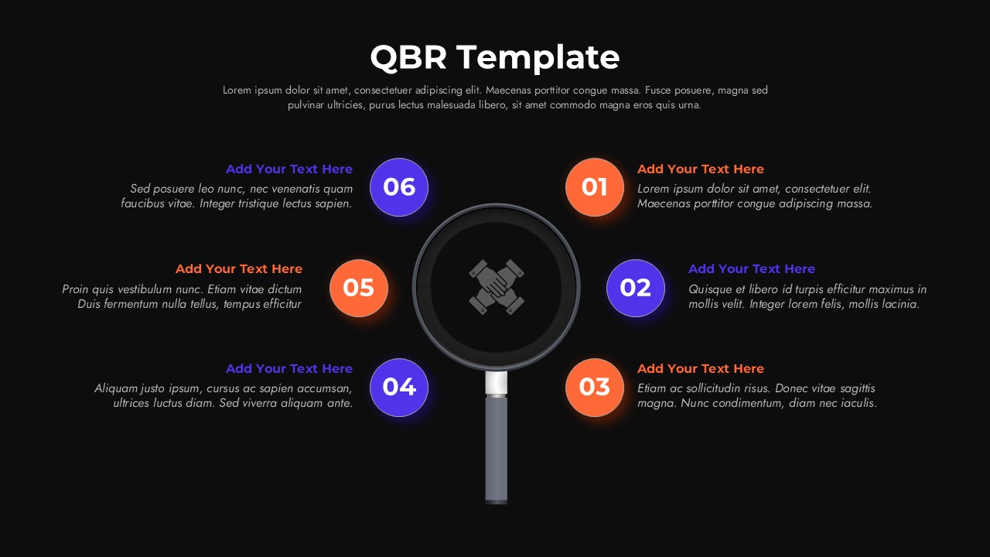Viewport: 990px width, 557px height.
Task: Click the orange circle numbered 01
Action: (x=595, y=187)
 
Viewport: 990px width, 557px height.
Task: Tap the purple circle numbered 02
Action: (x=636, y=288)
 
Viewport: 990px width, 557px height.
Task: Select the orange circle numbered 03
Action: (x=595, y=388)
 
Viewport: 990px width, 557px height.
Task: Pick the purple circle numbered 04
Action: (x=399, y=388)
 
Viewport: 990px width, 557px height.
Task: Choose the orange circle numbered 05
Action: (x=359, y=288)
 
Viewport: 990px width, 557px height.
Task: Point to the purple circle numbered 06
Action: (x=399, y=187)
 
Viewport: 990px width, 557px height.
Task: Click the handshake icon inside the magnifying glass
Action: (x=497, y=287)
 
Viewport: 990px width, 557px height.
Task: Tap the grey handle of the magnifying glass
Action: (x=497, y=449)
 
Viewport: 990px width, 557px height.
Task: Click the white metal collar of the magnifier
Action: (x=497, y=383)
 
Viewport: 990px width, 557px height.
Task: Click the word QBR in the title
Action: (x=408, y=57)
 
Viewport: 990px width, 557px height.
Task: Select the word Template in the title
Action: (x=538, y=58)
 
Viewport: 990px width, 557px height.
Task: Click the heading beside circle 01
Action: (x=701, y=169)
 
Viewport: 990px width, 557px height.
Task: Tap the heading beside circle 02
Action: (x=752, y=268)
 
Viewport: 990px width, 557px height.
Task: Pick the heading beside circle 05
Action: (x=239, y=268)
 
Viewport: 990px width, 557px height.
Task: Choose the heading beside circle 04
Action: (x=289, y=369)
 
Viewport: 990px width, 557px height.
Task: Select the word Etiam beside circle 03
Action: (x=652, y=388)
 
